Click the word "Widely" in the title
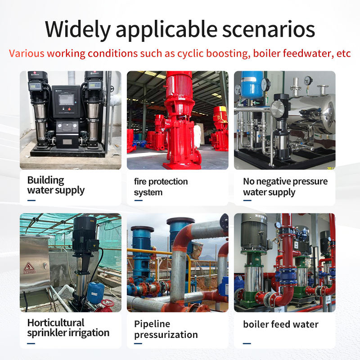(x=78, y=29)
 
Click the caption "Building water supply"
(x=56, y=185)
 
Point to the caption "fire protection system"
(x=161, y=187)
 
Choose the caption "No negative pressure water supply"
(x=285, y=187)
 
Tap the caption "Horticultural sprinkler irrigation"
(x=68, y=328)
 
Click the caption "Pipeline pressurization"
(x=166, y=329)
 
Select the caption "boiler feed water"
(x=280, y=324)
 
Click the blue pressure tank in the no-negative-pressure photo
(x=252, y=85)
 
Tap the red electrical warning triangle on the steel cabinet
(x=29, y=267)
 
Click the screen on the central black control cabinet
(x=66, y=99)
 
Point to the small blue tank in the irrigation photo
(x=96, y=293)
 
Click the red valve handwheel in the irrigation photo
(x=107, y=303)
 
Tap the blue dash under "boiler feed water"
(x=247, y=343)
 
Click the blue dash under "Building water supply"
(x=31, y=200)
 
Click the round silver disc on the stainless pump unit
(x=278, y=109)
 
